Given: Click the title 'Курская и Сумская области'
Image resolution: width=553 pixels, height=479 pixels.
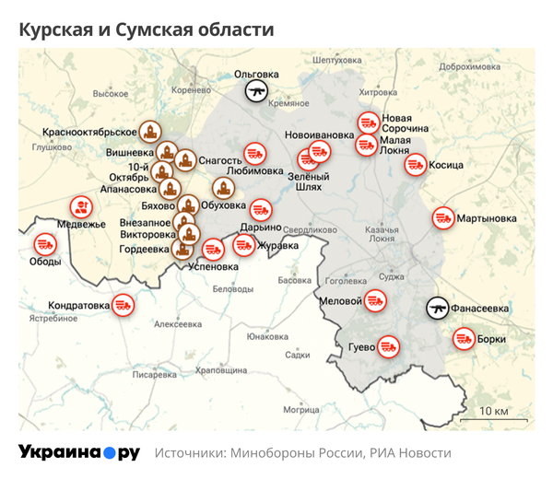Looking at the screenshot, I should pos(147,29).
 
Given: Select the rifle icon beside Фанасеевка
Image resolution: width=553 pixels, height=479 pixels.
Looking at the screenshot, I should pos(437,309).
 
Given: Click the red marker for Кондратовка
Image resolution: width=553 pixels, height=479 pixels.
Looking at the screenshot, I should pos(123,304).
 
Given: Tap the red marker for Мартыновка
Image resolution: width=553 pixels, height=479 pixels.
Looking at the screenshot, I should pos(443,218).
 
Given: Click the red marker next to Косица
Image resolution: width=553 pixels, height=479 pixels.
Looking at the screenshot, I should pos(416,165).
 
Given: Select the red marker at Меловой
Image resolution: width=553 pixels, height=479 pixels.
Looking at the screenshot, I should pos(374,300).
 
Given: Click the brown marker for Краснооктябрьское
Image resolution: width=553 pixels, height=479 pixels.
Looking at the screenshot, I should pos(149,132).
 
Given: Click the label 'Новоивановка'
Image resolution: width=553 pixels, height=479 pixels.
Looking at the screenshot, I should pos(319,135).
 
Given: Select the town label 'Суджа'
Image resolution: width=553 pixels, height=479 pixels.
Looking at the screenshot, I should pos(391,275).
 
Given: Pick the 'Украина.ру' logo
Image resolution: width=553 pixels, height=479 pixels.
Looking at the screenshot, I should pos(79,453).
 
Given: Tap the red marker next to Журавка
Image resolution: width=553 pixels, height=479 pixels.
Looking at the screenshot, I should pos(244,245).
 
